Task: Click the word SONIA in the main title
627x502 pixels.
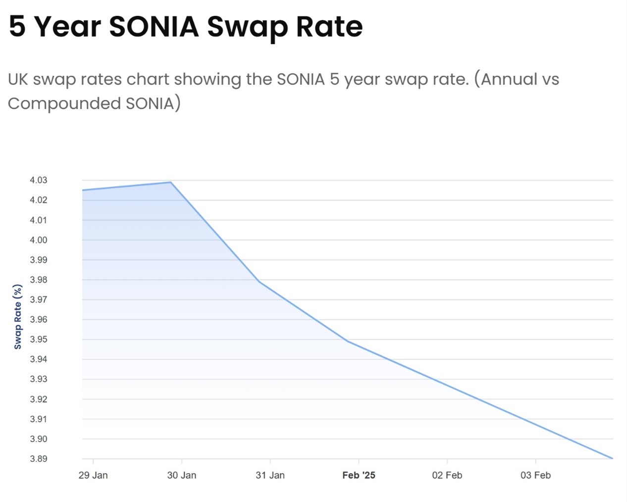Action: click(x=154, y=26)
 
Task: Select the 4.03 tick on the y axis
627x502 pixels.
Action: click(x=39, y=180)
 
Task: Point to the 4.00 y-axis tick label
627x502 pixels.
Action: click(x=39, y=240)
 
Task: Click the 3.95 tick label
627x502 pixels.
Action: click(x=39, y=340)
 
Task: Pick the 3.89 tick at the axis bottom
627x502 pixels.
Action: click(x=39, y=459)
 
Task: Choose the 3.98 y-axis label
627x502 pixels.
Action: click(x=39, y=280)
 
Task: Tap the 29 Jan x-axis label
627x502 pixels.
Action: click(x=93, y=475)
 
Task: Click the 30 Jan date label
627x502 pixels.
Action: click(x=182, y=475)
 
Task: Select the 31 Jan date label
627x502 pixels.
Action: click(x=270, y=475)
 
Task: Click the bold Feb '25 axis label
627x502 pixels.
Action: click(x=359, y=475)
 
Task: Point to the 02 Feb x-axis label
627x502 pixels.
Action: click(x=447, y=475)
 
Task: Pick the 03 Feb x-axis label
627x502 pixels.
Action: click(x=535, y=475)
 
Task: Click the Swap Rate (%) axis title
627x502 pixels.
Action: click(x=18, y=317)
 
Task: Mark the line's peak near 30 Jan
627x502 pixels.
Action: click(x=171, y=182)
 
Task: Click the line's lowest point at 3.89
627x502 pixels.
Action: click(x=612, y=458)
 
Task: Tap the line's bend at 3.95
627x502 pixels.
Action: click(x=348, y=341)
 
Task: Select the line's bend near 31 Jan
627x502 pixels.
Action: click(x=259, y=282)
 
